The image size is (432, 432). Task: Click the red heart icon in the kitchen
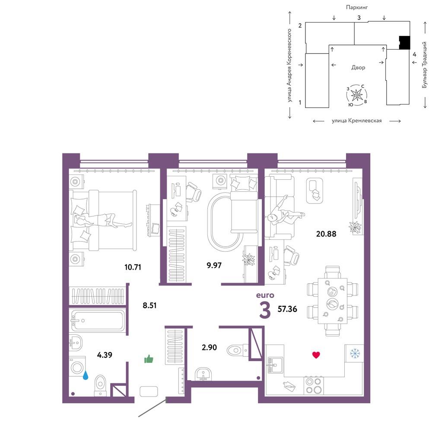point(316,355)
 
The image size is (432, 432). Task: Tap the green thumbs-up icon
point(149,359)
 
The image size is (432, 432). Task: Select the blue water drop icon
point(86,375)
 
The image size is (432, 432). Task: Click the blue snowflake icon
point(355,353)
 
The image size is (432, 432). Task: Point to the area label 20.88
point(326,234)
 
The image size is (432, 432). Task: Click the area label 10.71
point(133,267)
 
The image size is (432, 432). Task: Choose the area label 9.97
point(214,265)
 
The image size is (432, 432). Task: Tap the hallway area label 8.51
point(149,305)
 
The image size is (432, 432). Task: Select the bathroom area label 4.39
point(105,355)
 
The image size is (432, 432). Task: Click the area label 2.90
point(210,347)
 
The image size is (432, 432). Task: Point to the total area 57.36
point(287,309)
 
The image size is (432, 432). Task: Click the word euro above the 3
point(265,295)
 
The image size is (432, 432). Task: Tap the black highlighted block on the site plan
point(405,43)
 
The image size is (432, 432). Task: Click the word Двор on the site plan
point(358,67)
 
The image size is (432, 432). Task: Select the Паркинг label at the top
point(357,7)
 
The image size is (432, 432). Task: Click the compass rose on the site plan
point(357,95)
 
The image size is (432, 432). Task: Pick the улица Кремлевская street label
point(357,121)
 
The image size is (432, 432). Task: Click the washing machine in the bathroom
point(77,367)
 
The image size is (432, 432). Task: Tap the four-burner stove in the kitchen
point(314,386)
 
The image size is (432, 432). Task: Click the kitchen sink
point(275,365)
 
